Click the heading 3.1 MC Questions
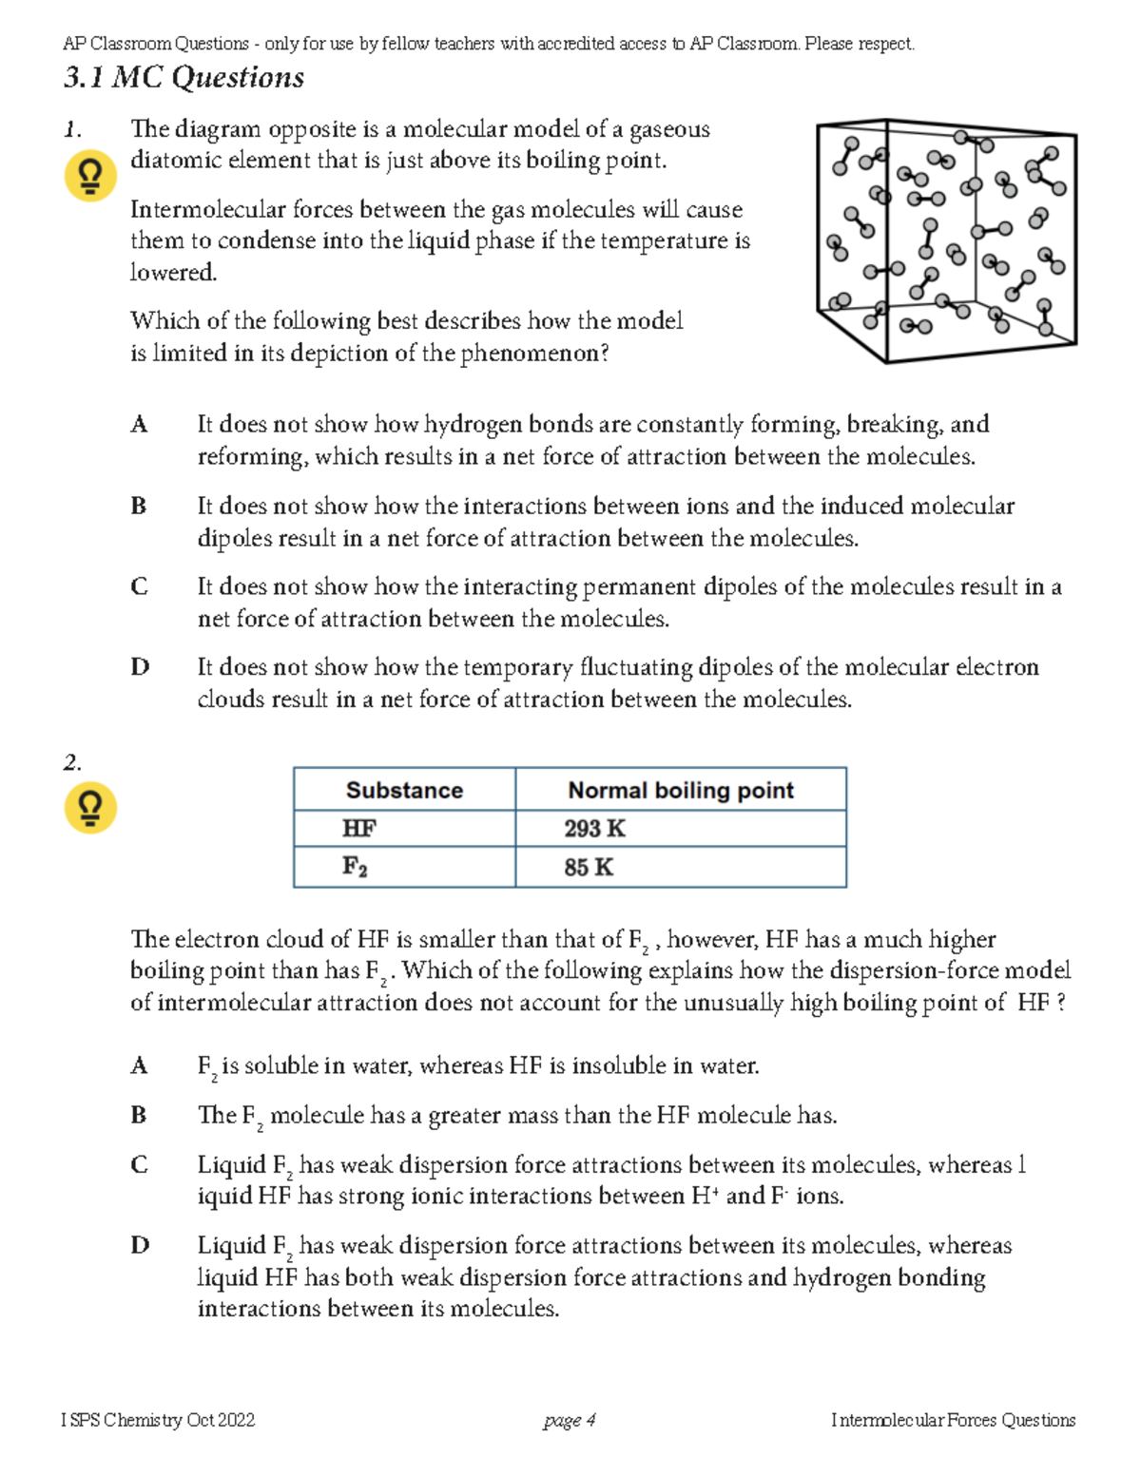click(184, 77)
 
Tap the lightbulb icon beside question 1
click(90, 177)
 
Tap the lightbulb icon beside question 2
click(90, 808)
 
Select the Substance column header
click(404, 790)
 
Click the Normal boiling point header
click(680, 790)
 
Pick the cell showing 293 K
click(594, 829)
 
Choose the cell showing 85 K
click(589, 867)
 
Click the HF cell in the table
click(359, 829)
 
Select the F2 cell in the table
click(355, 867)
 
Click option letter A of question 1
click(139, 424)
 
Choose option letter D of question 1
click(140, 667)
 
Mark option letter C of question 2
click(139, 1164)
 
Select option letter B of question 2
click(139, 1115)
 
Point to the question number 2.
click(72, 762)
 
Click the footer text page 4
click(570, 1420)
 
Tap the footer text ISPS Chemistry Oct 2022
click(158, 1420)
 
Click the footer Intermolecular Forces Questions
click(953, 1420)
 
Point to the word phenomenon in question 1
click(534, 354)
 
